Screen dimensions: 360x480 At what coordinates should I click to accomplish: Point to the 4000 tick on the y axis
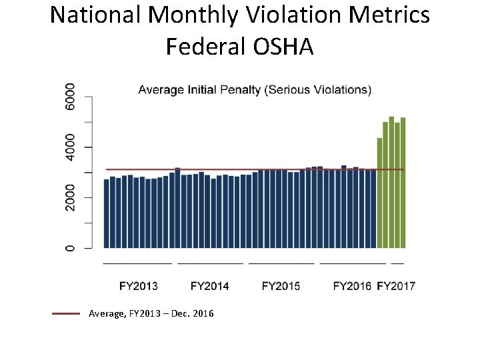click(x=70, y=147)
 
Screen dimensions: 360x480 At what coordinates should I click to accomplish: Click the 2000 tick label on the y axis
click(x=70, y=197)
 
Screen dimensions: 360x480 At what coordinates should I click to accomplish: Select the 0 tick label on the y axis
click(x=70, y=248)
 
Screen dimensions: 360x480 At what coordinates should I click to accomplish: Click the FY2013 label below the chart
click(x=139, y=286)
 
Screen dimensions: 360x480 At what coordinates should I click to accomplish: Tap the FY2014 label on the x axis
click(x=209, y=286)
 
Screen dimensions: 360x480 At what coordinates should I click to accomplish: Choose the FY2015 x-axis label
click(x=281, y=286)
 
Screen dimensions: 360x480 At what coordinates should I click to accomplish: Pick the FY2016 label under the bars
click(x=351, y=286)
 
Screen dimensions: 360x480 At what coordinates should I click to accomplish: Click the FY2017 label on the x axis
click(x=396, y=286)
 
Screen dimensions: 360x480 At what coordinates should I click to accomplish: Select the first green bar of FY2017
click(x=379, y=193)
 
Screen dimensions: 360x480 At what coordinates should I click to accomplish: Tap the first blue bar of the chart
click(x=107, y=213)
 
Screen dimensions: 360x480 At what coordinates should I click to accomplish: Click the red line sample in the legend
click(x=66, y=313)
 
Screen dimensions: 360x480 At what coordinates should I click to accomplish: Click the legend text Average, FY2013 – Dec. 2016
click(x=151, y=313)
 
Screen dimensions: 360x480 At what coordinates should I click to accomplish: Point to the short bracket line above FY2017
click(x=397, y=264)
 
